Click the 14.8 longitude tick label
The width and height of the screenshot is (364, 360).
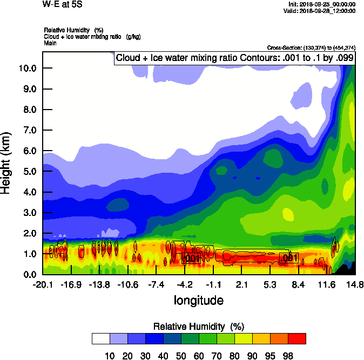[x=355, y=284]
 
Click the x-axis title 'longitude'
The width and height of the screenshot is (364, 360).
[x=198, y=300]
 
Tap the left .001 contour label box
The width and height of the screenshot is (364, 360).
[x=192, y=259]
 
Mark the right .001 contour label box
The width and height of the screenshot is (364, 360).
[x=289, y=258]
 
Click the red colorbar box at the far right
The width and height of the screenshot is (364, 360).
[x=296, y=338]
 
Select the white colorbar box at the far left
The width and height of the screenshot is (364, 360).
[x=101, y=338]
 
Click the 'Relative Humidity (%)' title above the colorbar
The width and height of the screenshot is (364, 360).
[x=199, y=327]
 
